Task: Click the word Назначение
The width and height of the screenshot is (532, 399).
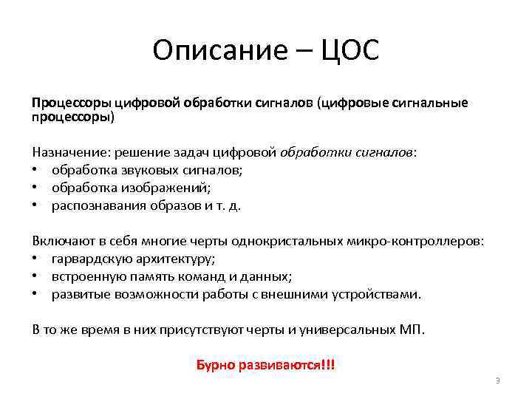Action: (69, 152)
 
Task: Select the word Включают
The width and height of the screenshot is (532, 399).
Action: (64, 241)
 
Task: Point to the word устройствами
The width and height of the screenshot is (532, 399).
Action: (372, 294)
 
